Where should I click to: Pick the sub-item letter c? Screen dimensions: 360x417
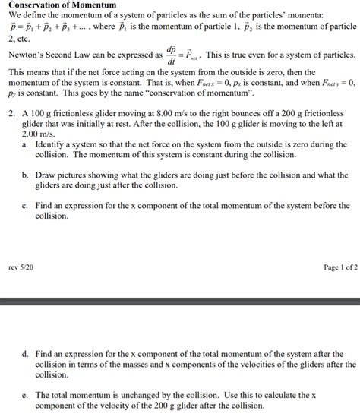pos(26,205)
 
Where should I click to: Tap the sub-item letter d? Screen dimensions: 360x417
pos(26,354)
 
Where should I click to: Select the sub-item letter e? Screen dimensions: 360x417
pos(26,395)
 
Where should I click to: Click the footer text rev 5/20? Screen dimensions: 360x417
pos(20,267)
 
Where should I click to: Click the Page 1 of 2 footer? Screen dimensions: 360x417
pos(337,267)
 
